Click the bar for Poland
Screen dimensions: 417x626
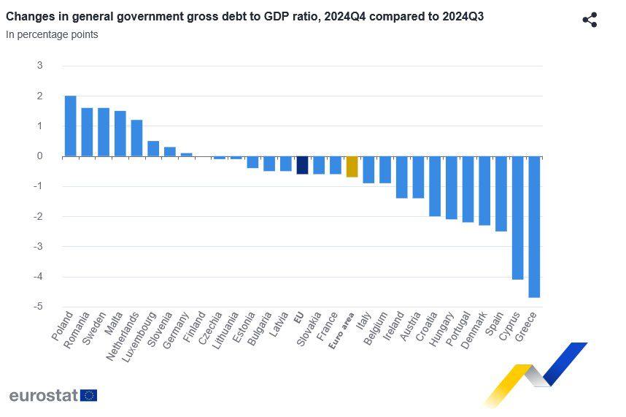[70, 126]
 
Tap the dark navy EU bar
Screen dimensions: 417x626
[302, 165]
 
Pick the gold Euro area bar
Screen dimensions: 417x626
[352, 167]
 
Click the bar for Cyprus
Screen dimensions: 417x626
[517, 218]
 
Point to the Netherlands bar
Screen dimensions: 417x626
[136, 138]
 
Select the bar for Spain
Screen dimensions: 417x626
[501, 194]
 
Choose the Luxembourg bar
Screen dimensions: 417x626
[153, 148]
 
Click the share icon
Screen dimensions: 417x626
[590, 20]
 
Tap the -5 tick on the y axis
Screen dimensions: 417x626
[39, 307]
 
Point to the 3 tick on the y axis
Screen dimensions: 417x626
[39, 66]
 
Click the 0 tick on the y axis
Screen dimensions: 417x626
[39, 156]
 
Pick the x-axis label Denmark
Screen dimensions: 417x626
[474, 332]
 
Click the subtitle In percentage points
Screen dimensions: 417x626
[52, 34]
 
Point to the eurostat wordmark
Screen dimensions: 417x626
[42, 395]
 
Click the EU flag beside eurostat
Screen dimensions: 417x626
[89, 395]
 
